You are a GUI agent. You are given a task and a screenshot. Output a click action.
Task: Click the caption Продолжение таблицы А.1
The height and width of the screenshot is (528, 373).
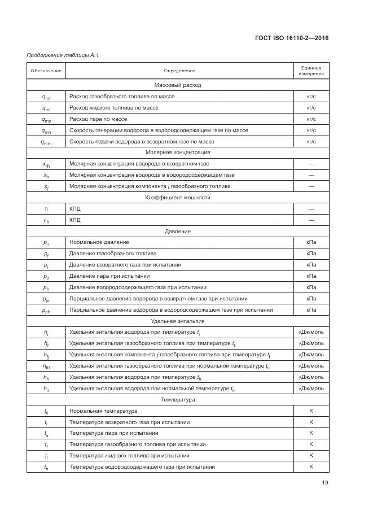tap(59, 55)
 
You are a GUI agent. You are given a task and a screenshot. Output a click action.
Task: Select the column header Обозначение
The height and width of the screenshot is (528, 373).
tap(46, 71)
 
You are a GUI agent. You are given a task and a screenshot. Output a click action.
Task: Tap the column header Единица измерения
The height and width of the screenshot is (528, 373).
tap(311, 71)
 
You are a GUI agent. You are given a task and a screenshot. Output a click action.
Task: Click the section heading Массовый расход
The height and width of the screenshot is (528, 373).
tap(178, 85)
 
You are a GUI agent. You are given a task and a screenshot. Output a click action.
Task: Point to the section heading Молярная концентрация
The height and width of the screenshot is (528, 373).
tap(178, 152)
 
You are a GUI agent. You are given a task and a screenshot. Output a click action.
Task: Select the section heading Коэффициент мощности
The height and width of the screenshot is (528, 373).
tap(178, 198)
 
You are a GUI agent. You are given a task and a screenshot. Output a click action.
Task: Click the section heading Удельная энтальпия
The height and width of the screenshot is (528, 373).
tap(178, 321)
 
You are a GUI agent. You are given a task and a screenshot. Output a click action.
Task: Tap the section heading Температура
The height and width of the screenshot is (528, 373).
tap(178, 400)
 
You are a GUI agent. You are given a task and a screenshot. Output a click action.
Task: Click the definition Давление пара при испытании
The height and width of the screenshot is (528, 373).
tap(109, 276)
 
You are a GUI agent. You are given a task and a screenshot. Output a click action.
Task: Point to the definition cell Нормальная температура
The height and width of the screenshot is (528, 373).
tap(103, 411)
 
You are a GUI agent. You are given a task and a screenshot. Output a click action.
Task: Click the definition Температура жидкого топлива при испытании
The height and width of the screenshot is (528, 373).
tap(129, 456)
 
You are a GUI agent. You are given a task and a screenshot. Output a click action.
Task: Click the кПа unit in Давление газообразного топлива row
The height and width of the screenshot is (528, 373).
tap(311, 254)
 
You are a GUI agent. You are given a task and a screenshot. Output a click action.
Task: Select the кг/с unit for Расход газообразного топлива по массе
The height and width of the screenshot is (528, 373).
tap(311, 97)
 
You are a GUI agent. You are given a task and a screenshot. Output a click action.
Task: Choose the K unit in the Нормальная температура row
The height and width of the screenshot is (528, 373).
tap(311, 411)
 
